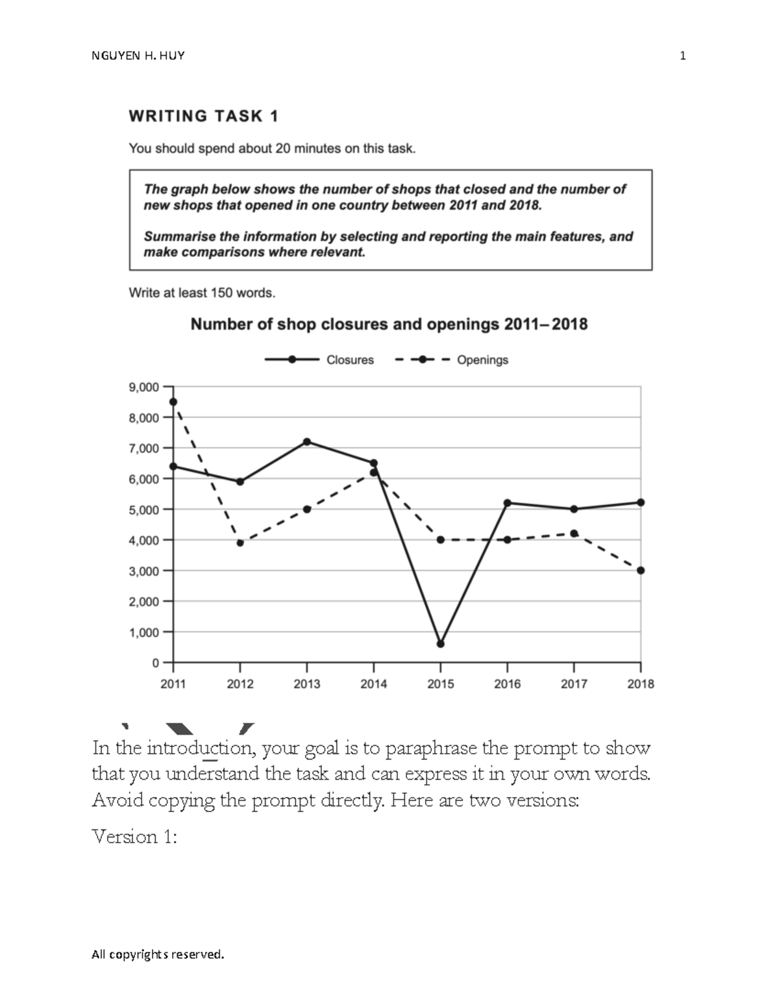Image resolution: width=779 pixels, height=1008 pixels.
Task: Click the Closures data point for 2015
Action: click(441, 644)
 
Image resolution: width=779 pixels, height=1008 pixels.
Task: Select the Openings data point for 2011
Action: click(173, 402)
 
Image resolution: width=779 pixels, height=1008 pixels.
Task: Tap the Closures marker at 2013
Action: click(307, 442)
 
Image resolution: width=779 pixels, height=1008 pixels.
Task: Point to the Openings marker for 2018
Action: click(641, 571)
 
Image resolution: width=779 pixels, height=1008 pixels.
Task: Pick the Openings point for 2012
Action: click(240, 543)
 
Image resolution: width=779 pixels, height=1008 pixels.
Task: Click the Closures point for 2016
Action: click(507, 503)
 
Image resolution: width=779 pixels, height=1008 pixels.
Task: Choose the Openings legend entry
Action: click(452, 360)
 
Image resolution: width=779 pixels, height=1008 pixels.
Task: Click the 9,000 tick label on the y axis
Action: click(144, 387)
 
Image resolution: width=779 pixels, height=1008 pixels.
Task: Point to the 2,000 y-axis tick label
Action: click(144, 602)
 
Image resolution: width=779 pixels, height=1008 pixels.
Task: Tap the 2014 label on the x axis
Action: click(373, 684)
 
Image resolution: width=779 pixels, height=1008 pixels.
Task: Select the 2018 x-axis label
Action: click(641, 684)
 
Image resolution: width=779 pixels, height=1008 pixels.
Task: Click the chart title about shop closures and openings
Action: click(389, 324)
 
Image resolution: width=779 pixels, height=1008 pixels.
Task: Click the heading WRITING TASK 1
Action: click(204, 116)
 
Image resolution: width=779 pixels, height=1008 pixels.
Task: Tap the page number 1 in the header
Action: click(682, 56)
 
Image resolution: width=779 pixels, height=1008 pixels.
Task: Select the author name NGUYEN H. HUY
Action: click(138, 56)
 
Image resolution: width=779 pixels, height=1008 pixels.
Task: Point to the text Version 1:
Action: click(134, 837)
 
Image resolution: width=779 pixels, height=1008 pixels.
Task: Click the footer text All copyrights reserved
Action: click(158, 954)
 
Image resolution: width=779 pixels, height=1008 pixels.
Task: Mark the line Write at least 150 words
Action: click(202, 293)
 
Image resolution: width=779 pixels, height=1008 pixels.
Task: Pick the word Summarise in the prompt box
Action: click(173, 237)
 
